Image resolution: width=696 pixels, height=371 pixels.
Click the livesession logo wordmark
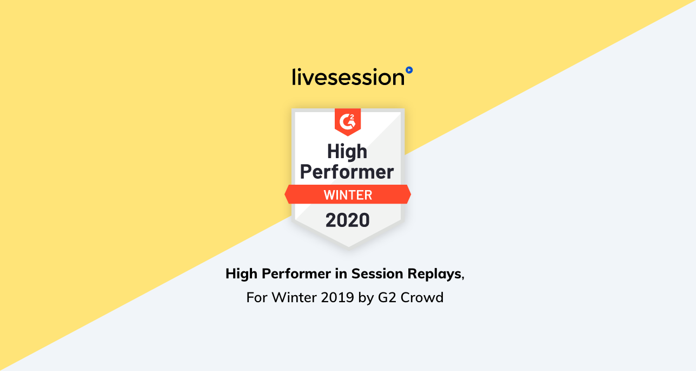pyautogui.click(x=348, y=77)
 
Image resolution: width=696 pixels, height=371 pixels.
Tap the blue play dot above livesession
pyautogui.click(x=409, y=70)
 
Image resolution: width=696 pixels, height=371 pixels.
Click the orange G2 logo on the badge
pyautogui.click(x=348, y=122)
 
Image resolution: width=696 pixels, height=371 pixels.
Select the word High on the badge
pyautogui.click(x=347, y=152)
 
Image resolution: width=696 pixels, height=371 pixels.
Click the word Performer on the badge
pyautogui.click(x=347, y=172)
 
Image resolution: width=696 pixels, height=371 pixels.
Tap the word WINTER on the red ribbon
pyautogui.click(x=348, y=195)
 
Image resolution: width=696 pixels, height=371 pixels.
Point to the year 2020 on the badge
pyautogui.click(x=347, y=220)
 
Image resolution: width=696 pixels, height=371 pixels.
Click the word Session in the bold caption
pyautogui.click(x=377, y=274)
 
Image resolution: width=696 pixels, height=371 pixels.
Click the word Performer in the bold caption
pyautogui.click(x=296, y=274)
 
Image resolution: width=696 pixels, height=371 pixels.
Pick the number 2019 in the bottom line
pyautogui.click(x=337, y=297)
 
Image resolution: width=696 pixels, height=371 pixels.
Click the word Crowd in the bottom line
pyautogui.click(x=422, y=297)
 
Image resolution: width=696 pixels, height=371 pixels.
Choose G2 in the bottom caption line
pyautogui.click(x=387, y=297)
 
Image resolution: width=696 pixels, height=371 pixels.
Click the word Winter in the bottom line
pyautogui.click(x=294, y=297)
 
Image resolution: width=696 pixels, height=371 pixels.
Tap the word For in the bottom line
pyautogui.click(x=257, y=297)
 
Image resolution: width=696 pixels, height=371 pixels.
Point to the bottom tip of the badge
pyautogui.click(x=348, y=247)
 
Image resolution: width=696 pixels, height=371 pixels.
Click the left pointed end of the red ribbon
pyautogui.click(x=285, y=194)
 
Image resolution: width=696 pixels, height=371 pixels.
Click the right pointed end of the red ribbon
pyautogui.click(x=411, y=194)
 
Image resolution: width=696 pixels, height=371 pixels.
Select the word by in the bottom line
pyautogui.click(x=366, y=298)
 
